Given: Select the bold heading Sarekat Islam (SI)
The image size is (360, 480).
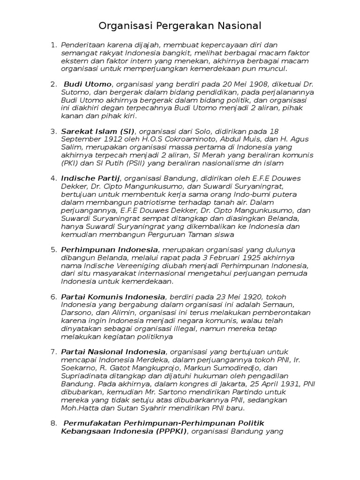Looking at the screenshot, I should (x=97, y=131).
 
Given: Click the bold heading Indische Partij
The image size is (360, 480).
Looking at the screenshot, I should (x=90, y=178).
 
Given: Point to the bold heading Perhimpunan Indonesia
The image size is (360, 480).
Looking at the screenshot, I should (x=110, y=249).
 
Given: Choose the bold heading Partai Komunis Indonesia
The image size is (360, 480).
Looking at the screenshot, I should (x=113, y=297).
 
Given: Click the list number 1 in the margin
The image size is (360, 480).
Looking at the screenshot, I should (x=53, y=45).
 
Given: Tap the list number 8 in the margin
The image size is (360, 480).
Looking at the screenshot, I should (x=53, y=423).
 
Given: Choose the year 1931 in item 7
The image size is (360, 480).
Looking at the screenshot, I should (x=286, y=383).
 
